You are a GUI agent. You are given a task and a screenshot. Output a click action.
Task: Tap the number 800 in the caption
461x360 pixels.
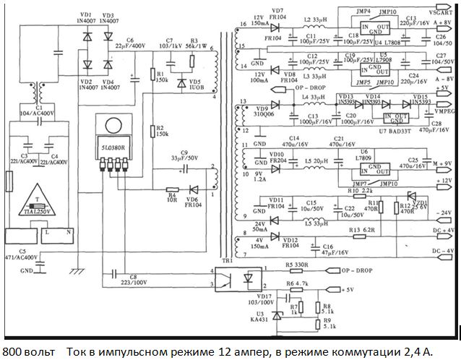(13, 351)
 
